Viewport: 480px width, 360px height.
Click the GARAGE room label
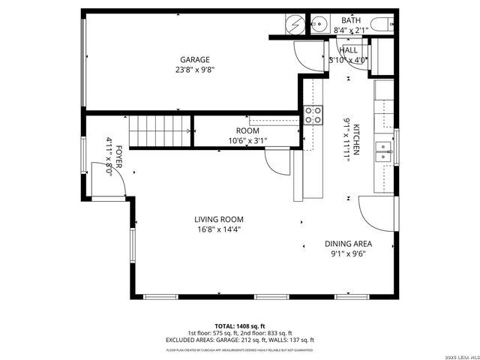[x=194, y=60]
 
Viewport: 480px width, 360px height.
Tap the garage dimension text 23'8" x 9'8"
[x=194, y=70]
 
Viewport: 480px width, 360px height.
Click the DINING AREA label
[x=348, y=244]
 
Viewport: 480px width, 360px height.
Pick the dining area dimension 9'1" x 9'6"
[x=348, y=253]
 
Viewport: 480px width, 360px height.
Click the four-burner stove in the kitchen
[x=313, y=115]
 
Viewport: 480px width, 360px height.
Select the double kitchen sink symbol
[x=384, y=151]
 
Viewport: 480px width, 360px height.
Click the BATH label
[x=350, y=20]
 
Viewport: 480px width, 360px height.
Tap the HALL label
[x=348, y=50]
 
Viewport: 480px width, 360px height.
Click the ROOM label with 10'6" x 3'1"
[x=247, y=130]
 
